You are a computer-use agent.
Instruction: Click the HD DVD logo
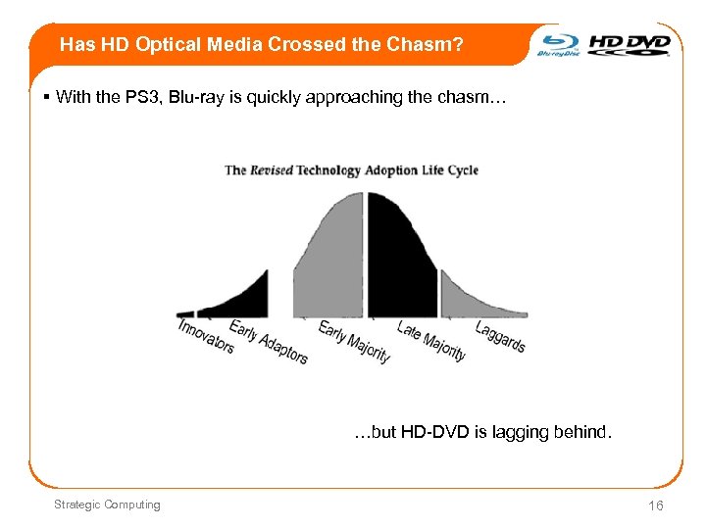pos(630,44)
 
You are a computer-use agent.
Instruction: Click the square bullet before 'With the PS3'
pos(47,97)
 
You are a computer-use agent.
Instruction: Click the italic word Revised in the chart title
pos(273,170)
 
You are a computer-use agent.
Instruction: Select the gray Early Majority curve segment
pos(333,264)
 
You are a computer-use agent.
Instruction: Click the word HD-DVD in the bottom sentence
pos(435,431)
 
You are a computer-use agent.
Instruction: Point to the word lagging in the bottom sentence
pos(516,431)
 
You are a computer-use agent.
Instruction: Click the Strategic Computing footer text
pos(107,505)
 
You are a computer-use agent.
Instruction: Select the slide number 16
pos(655,505)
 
